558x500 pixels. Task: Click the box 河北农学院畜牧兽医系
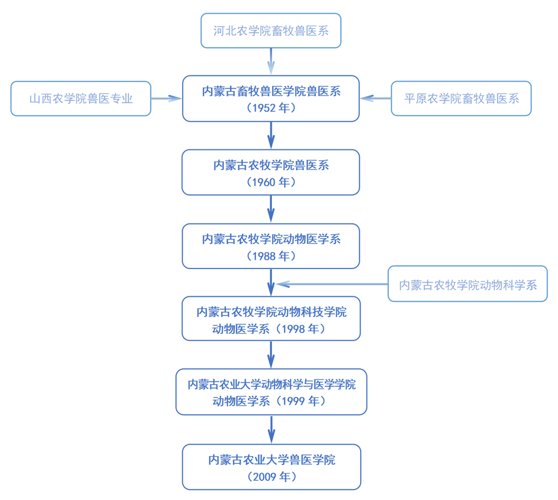coord(271,31)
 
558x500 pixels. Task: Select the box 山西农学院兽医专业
coord(81,99)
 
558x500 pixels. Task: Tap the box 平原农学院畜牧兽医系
coord(461,98)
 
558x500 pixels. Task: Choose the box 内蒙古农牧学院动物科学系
coord(467,285)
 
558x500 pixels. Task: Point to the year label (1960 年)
coord(271,182)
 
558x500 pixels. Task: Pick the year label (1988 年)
coord(271,256)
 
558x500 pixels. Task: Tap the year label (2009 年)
coord(271,477)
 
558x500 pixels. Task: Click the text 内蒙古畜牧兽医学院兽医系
coord(271,91)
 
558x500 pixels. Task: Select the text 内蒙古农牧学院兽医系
coord(271,165)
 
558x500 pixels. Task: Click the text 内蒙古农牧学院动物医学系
coord(271,239)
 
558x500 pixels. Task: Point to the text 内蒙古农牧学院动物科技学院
coord(271,312)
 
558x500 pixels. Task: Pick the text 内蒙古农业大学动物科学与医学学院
coord(271,384)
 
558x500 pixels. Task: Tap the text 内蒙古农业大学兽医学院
coord(271,460)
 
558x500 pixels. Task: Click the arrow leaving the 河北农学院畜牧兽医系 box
coord(271,61)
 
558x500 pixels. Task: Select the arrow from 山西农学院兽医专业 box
coord(166,98)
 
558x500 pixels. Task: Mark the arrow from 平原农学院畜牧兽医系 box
coord(376,98)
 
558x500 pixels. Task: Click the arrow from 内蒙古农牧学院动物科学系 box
coord(333,284)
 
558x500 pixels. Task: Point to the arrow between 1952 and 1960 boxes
coord(271,135)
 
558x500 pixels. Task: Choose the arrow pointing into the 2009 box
coord(271,429)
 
